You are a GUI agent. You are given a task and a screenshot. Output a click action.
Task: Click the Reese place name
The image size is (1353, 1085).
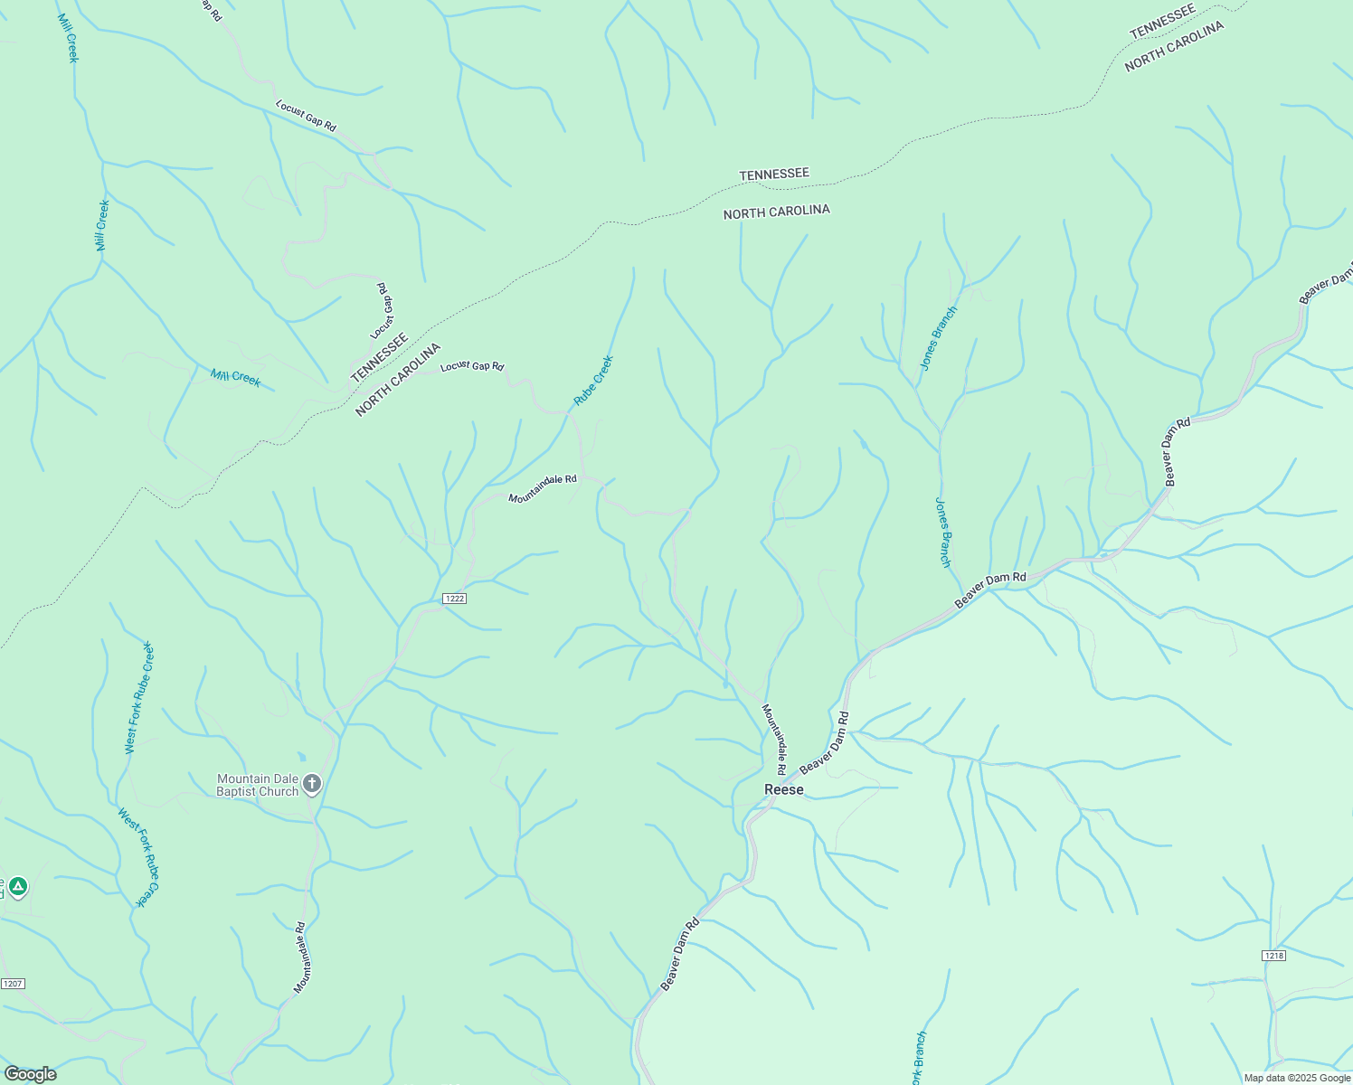coord(783,789)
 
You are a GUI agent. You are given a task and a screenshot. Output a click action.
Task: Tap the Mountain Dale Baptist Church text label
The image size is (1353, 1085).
coord(257,785)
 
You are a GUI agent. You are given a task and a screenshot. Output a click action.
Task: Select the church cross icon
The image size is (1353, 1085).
coord(312,784)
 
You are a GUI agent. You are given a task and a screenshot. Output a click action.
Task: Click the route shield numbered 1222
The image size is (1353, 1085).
coord(454,599)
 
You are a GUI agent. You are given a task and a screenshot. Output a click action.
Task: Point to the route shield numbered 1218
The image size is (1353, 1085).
coord(1273,955)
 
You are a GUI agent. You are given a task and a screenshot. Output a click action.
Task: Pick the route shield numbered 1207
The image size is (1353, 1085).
coord(12,984)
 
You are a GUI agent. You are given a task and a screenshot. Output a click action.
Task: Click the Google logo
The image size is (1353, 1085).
coord(30,1074)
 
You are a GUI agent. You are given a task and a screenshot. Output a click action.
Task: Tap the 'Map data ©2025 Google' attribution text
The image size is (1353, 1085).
coord(1297,1078)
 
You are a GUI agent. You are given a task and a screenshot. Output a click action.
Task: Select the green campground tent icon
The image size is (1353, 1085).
coord(18,886)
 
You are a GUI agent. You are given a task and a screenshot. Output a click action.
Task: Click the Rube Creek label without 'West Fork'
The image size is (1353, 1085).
coord(593,380)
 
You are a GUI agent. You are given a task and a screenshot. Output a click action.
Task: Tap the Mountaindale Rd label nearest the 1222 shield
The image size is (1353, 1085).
coord(542,490)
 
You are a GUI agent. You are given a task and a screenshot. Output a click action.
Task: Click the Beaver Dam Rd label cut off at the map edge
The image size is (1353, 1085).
coord(1327,284)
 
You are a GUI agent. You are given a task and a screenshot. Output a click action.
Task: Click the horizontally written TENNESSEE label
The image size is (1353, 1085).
coord(773,174)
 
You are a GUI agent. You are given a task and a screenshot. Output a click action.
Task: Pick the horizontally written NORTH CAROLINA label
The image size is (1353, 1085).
coord(776,212)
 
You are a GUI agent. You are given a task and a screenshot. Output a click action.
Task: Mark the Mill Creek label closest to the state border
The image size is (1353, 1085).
coord(235,377)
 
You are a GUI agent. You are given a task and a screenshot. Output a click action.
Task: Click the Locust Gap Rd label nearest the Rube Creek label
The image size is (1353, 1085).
coord(471,366)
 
